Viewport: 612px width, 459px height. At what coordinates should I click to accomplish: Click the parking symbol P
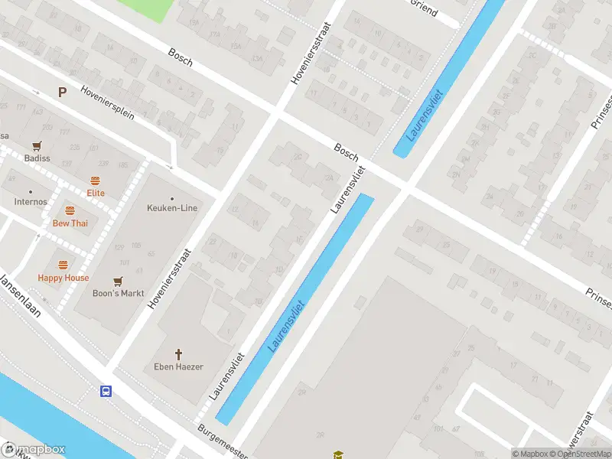[x=61, y=93]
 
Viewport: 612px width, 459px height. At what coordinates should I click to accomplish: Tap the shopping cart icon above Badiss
[x=36, y=146]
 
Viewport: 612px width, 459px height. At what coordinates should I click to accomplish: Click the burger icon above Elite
[x=96, y=181]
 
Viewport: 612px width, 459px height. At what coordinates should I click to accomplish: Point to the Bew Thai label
[x=70, y=223]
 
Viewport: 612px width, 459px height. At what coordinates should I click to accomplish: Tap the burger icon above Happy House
[x=63, y=265]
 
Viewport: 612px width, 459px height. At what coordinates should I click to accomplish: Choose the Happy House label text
[x=63, y=278]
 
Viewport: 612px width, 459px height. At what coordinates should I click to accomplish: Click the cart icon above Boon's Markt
[x=118, y=282]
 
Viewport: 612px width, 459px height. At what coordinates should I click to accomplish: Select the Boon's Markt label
[x=117, y=294]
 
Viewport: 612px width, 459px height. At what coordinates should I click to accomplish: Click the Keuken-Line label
[x=172, y=208]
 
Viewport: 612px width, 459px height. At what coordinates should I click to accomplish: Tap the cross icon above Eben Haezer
[x=180, y=354]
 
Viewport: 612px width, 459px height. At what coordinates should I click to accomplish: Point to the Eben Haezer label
[x=180, y=367]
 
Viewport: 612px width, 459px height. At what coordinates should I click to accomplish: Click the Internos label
[x=31, y=202]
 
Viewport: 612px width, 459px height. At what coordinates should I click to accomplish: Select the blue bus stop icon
[x=106, y=392]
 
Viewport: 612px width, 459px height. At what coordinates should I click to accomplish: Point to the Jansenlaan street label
[x=20, y=294]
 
